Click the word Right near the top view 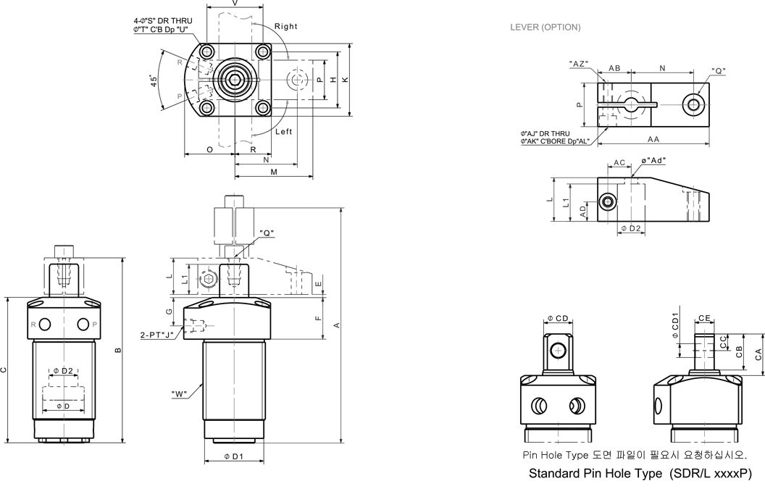(x=285, y=27)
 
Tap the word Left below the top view (x=283, y=132)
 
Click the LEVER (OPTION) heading (x=545, y=28)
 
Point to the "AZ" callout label (x=578, y=64)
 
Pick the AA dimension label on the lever (x=653, y=139)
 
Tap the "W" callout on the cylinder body (x=179, y=394)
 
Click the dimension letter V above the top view (x=234, y=4)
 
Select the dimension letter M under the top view (x=274, y=172)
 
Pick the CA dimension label (x=758, y=354)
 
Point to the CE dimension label (x=704, y=317)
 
